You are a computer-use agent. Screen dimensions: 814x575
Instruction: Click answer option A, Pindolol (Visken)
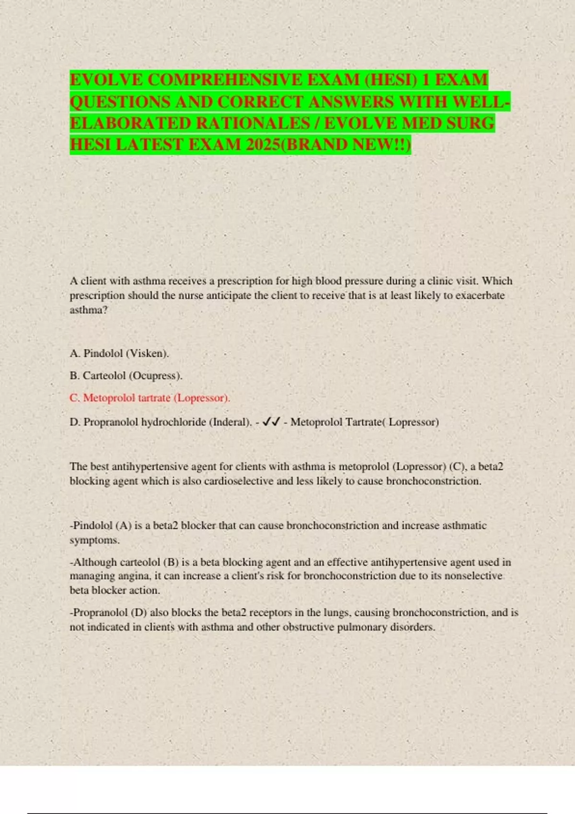pyautogui.click(x=119, y=353)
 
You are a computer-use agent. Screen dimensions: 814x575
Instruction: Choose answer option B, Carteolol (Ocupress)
pyautogui.click(x=126, y=375)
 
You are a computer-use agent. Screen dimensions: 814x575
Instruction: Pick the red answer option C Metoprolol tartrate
pyautogui.click(x=150, y=398)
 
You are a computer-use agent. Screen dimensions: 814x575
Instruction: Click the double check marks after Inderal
pyautogui.click(x=272, y=422)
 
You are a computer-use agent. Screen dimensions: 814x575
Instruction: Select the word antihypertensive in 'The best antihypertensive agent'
pyautogui.click(x=150, y=466)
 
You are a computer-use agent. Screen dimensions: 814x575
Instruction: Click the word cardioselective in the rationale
pyautogui.click(x=239, y=481)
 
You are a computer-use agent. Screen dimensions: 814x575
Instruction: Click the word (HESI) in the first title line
pyautogui.click(x=391, y=79)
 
